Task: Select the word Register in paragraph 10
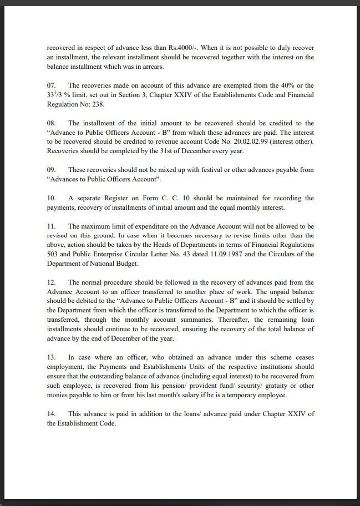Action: [x=117, y=198]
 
